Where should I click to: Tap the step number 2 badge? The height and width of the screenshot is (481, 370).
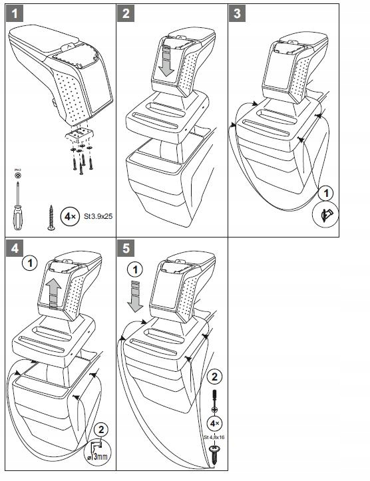tap(129, 13)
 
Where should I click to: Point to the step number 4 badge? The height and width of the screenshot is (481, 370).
tap(15, 248)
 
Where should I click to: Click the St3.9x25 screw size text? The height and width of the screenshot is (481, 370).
tap(92, 216)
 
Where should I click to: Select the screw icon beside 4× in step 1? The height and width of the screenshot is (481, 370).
tap(51, 218)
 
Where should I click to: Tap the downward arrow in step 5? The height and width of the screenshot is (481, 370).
tap(136, 296)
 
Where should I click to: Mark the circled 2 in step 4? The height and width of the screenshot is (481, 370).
tap(100, 429)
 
